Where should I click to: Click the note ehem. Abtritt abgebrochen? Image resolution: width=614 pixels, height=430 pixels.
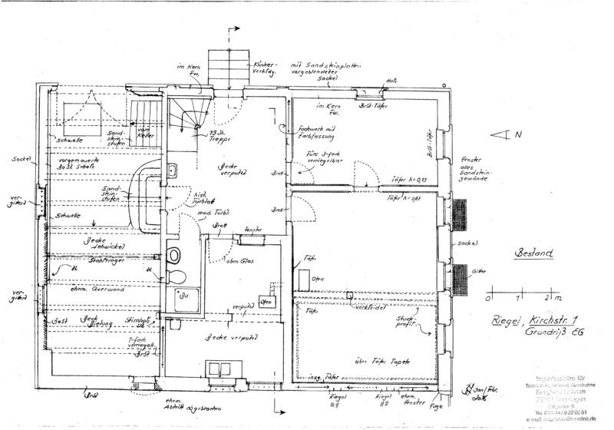click(183, 404)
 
